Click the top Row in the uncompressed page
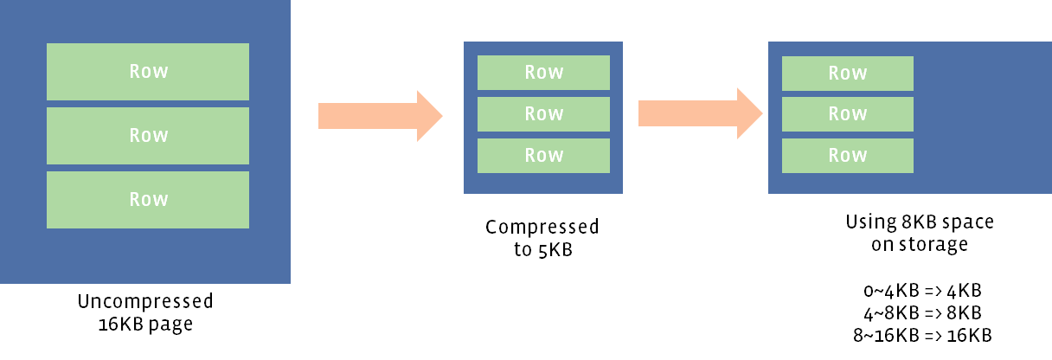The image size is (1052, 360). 148,72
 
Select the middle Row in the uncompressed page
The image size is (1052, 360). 148,136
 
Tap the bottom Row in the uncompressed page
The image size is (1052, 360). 148,200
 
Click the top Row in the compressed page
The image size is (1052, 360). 543,73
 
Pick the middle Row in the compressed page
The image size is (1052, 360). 543,114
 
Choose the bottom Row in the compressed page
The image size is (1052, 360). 543,156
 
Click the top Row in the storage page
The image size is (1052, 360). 848,74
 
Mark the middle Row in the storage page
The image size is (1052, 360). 848,114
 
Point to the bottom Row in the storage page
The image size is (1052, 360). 848,156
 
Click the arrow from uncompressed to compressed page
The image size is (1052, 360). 381,115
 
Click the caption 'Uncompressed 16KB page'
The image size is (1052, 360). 144,312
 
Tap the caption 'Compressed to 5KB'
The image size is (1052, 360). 542,238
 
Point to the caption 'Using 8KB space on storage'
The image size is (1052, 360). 920,233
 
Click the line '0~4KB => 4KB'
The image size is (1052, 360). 920,290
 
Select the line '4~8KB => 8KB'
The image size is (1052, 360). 920,312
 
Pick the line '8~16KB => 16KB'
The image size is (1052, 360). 920,334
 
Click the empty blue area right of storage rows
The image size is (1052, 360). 982,117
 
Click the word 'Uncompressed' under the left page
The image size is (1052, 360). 144,302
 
